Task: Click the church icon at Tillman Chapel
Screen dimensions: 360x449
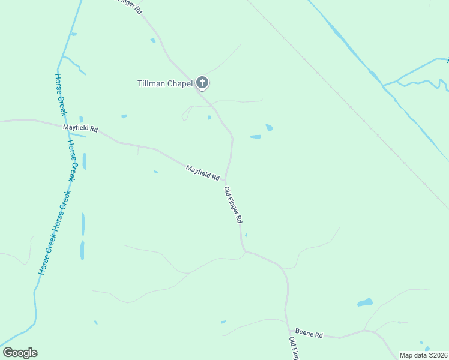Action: (203, 83)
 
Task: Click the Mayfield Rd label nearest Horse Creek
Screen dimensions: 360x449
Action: (80, 128)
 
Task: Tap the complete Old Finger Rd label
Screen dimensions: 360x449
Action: (232, 206)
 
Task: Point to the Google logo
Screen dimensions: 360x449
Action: (20, 353)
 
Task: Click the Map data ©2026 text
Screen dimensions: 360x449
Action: (423, 355)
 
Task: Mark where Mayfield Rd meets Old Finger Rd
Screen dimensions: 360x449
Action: (226, 179)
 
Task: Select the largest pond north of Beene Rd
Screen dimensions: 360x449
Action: (365, 302)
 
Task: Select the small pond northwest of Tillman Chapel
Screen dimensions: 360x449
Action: (153, 40)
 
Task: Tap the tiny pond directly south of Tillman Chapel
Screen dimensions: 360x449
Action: (209, 117)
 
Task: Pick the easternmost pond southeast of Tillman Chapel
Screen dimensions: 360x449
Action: (269, 127)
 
